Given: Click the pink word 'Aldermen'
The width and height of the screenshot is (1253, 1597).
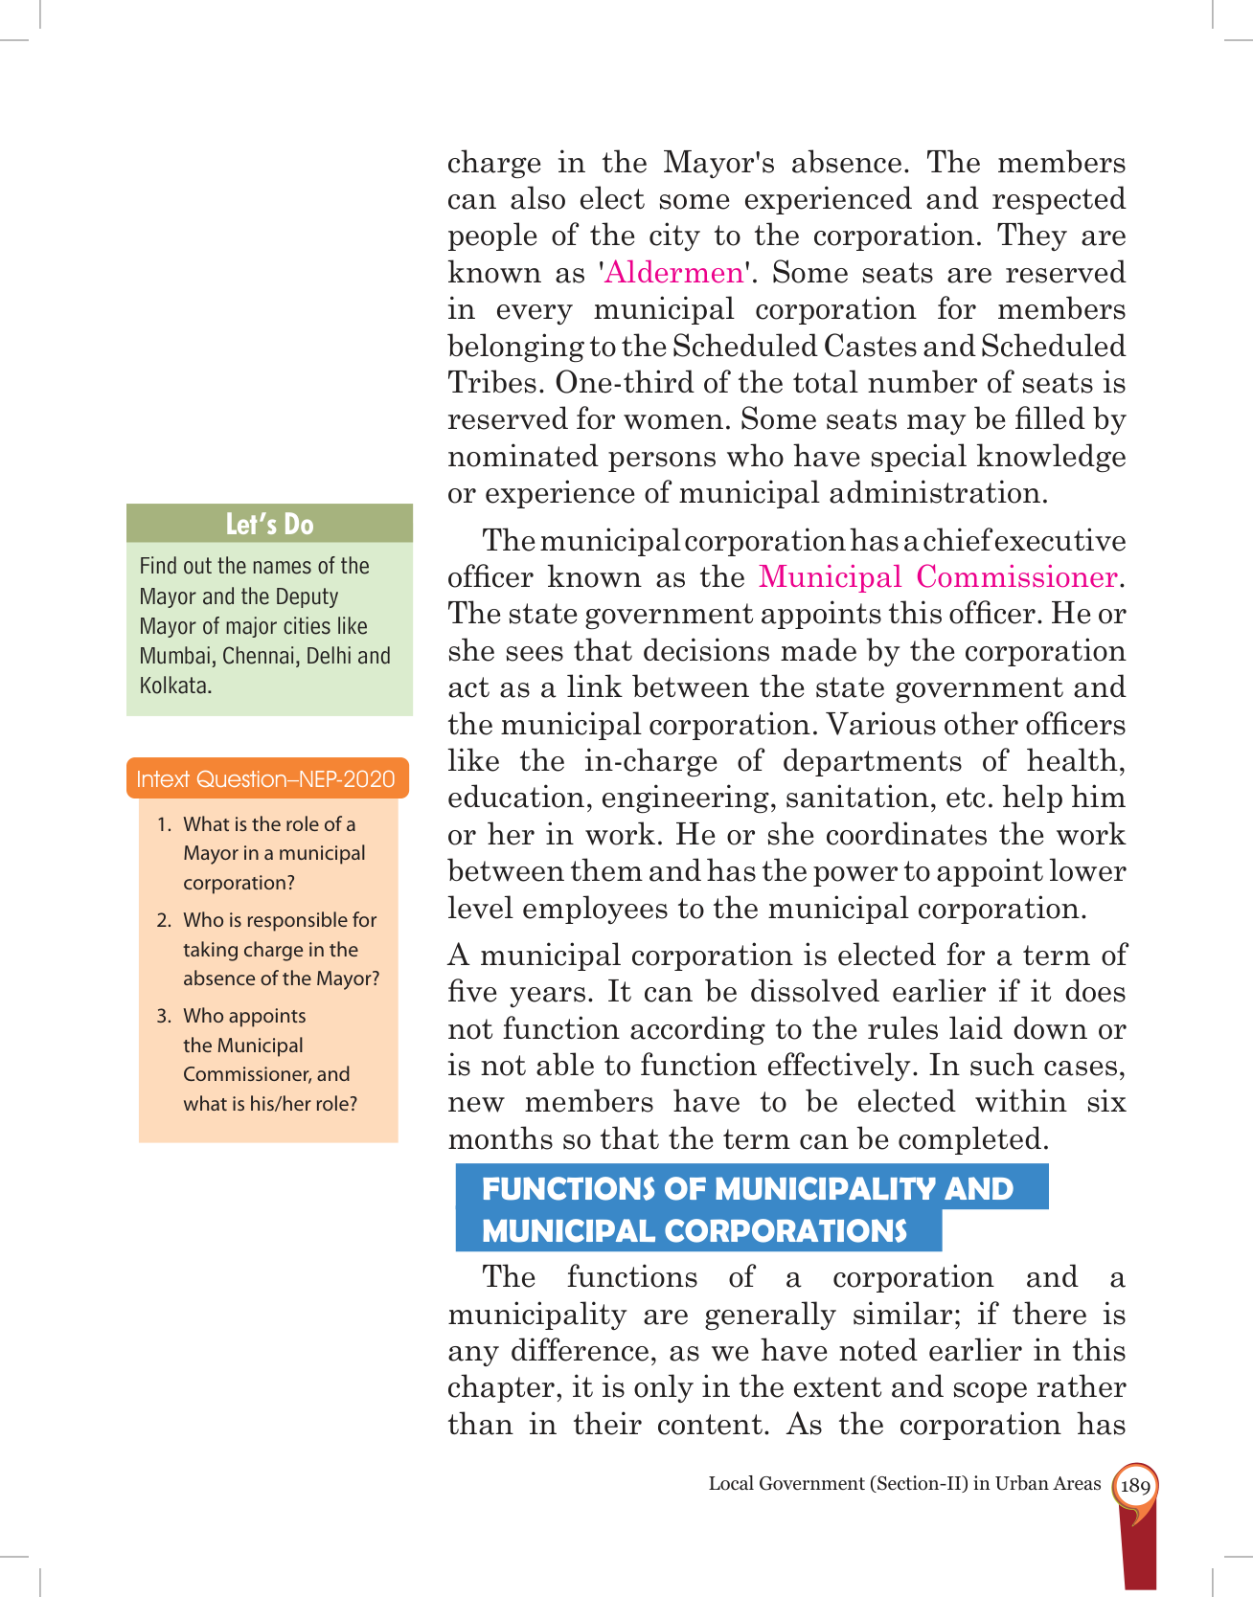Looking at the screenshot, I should pos(675,273).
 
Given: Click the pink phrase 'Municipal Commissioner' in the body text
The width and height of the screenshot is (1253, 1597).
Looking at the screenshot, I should pos(939,577).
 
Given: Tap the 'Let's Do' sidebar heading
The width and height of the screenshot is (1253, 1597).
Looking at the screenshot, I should pos(269,524).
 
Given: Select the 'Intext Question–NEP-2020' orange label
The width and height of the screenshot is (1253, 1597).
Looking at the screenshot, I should pos(266,779).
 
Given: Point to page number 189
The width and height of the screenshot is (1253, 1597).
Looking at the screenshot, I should pos(1134,1485).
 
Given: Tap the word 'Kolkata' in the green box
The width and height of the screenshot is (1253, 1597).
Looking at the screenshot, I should pos(173,686).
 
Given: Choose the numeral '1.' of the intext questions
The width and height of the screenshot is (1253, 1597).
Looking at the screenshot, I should pos(164,824).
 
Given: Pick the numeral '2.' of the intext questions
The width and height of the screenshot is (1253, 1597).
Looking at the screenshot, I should pos(164,920).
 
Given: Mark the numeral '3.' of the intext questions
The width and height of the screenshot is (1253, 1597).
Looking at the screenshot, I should pos(164,1016).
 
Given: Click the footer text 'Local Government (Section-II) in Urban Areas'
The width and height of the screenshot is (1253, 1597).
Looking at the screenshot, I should pos(904,1484).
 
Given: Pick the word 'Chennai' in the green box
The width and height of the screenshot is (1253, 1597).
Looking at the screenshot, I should pos(257,656).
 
